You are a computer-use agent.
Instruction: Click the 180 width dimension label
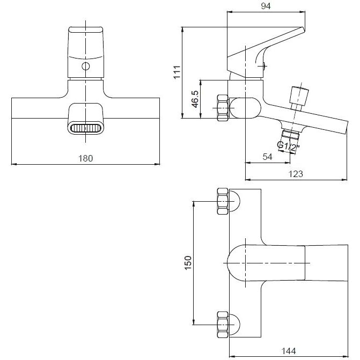click(x=86, y=158)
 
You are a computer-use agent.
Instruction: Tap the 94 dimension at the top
click(x=266, y=6)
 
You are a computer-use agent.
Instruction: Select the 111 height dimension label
click(x=177, y=72)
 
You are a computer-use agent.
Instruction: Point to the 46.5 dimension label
click(x=195, y=99)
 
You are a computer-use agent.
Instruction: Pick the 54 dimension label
click(x=268, y=157)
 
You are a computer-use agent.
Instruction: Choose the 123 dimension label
click(x=296, y=174)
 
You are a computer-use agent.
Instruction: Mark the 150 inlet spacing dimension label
click(x=188, y=263)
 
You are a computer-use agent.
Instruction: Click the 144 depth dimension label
click(x=289, y=351)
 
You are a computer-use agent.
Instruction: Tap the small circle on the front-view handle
click(x=86, y=67)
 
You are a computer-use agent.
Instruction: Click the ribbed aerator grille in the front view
click(x=86, y=128)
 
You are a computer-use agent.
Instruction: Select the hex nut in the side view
click(x=223, y=108)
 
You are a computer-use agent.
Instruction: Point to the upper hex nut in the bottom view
click(x=223, y=201)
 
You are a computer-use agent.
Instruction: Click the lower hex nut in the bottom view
click(x=223, y=325)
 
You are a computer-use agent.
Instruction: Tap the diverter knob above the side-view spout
click(x=299, y=95)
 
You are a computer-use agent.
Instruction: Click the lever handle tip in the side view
click(x=303, y=30)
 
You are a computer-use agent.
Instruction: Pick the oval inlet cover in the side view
click(x=245, y=108)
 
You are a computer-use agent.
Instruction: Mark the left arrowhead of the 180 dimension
click(x=14, y=164)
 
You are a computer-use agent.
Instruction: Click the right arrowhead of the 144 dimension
click(x=345, y=357)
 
